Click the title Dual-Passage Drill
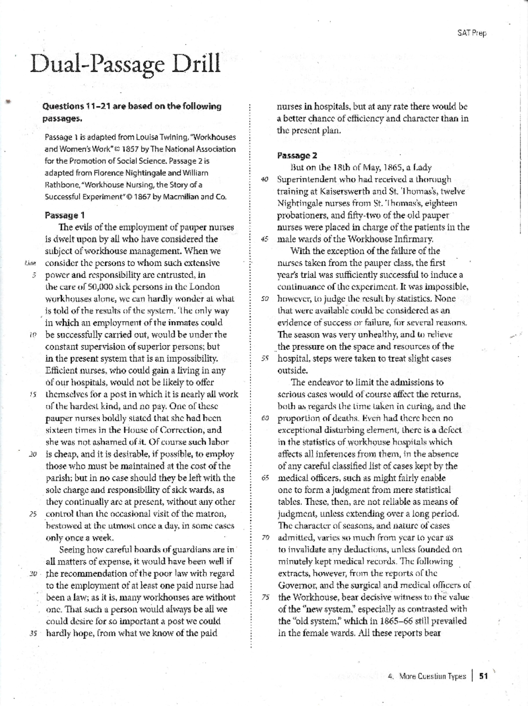click(125, 64)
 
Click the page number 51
click(484, 676)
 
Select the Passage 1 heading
click(65, 215)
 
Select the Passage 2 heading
click(297, 155)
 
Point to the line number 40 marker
click(264, 180)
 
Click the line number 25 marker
click(33, 514)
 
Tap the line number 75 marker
click(264, 597)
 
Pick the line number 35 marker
click(33, 634)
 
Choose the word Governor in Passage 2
click(298, 585)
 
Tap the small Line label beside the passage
click(30, 263)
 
